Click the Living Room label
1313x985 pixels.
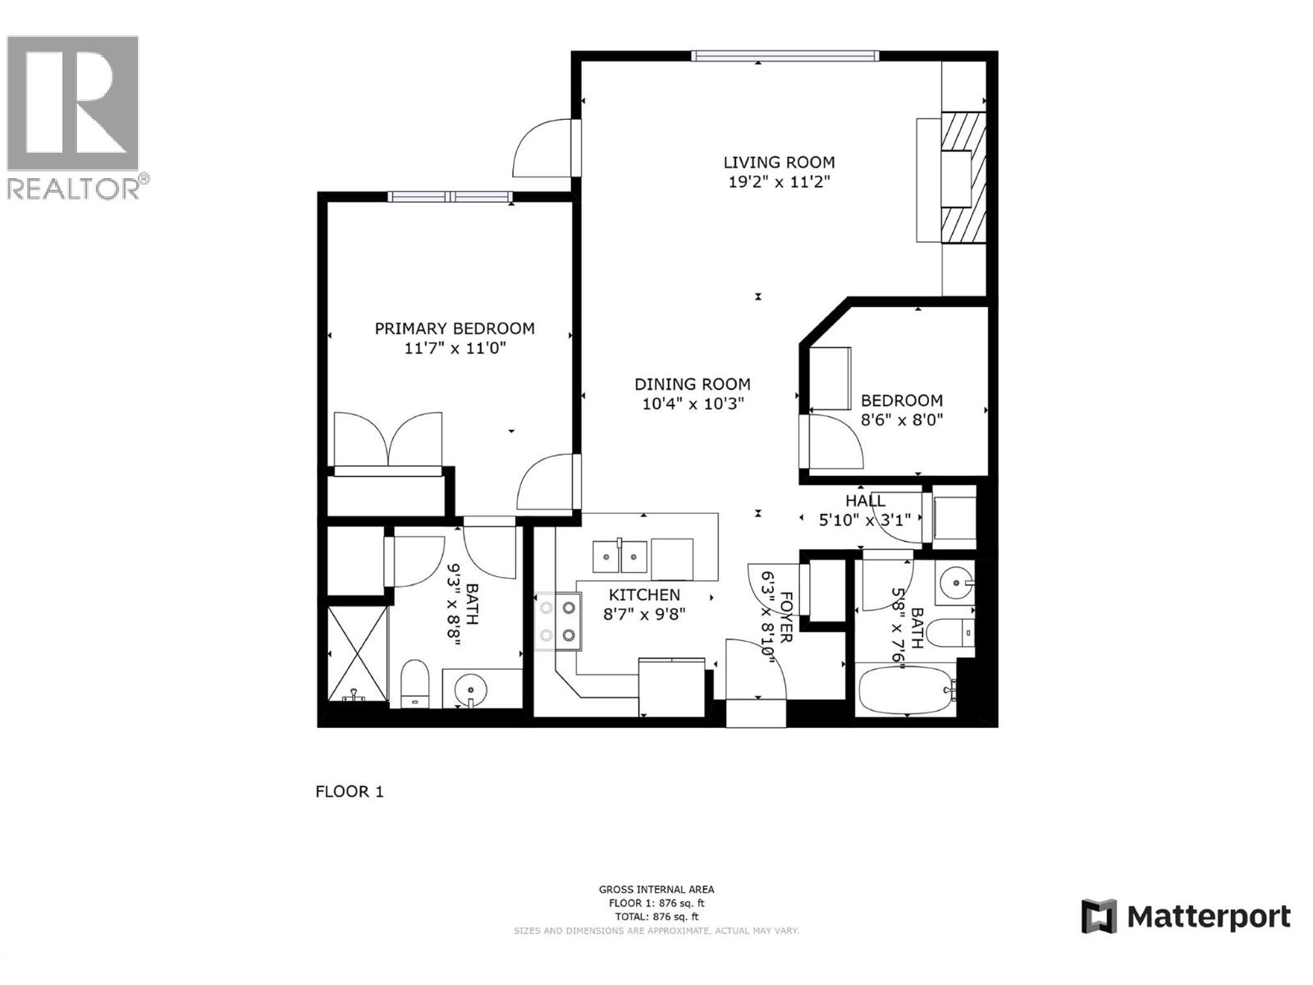(x=778, y=163)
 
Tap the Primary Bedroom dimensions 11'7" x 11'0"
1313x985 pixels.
(x=455, y=348)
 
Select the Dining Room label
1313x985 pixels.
(x=692, y=384)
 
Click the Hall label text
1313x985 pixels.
(x=865, y=501)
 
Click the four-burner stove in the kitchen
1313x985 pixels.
(x=556, y=621)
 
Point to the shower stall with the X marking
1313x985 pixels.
(x=357, y=653)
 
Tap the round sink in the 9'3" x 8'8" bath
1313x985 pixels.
(x=470, y=688)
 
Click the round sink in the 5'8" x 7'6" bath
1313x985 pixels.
(x=955, y=584)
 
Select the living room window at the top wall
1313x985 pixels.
(x=785, y=56)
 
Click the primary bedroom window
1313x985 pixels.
(x=451, y=196)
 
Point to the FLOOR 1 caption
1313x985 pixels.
(x=350, y=791)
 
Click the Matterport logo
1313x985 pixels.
(x=1186, y=916)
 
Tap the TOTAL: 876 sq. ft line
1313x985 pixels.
(x=656, y=916)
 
